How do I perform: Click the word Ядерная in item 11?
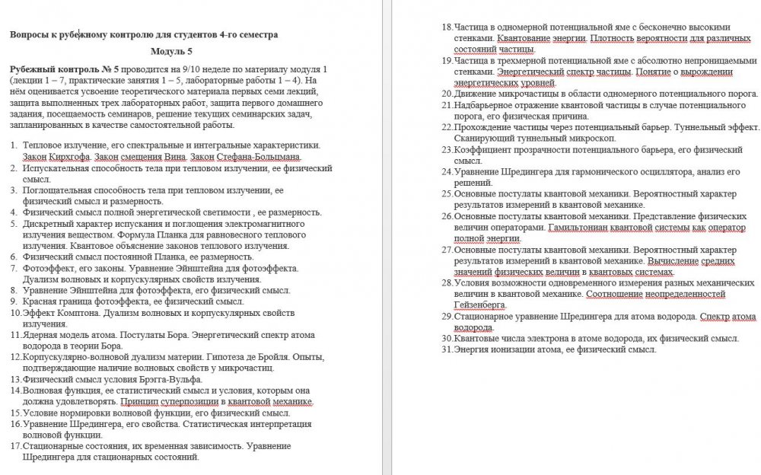(x=43, y=334)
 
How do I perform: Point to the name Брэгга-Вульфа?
(x=168, y=379)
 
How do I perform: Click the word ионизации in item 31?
(x=514, y=349)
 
